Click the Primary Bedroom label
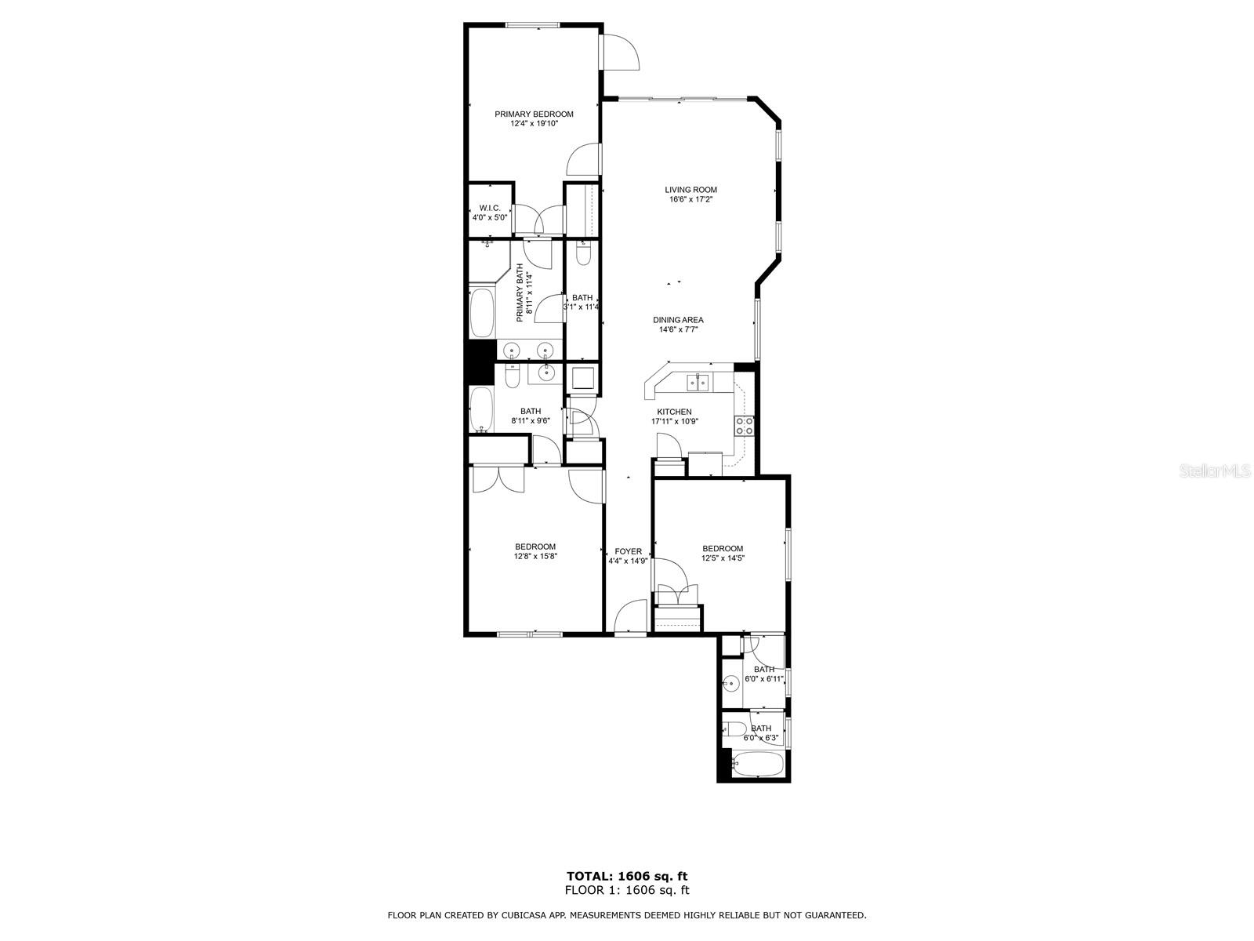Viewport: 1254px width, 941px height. tap(534, 114)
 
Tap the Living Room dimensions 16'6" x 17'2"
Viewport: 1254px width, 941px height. tap(690, 200)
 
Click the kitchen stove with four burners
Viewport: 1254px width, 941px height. tap(744, 426)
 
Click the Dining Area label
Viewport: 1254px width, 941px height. tap(678, 320)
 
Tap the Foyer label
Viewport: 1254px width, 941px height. tap(628, 551)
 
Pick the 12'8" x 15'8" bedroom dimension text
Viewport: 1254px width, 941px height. tap(535, 557)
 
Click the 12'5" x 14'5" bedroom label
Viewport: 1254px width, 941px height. tap(722, 549)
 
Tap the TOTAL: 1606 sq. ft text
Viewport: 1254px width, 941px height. tap(627, 876)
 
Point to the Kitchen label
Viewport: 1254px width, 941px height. tap(674, 412)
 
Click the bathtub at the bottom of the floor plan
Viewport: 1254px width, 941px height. tap(757, 764)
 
